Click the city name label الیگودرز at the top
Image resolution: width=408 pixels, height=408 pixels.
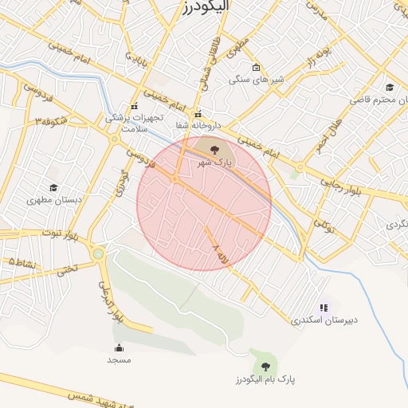tap(204, 6)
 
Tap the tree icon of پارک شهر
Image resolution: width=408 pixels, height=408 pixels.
tap(213, 148)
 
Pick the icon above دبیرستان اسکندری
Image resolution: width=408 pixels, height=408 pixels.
tap(324, 307)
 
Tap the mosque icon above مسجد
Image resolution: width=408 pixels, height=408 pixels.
tap(120, 347)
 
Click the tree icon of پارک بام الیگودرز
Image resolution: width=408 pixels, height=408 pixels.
tap(265, 367)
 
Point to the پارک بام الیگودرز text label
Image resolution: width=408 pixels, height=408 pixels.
tap(265, 379)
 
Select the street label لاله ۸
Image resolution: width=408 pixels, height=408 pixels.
tap(222, 260)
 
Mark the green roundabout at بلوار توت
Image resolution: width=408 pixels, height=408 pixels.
tap(97, 254)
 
